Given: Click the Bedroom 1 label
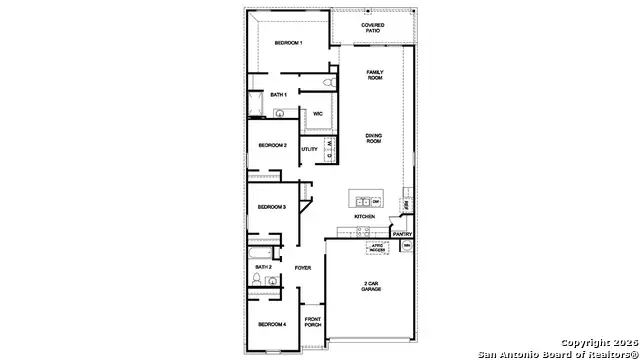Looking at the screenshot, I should [x=288, y=44].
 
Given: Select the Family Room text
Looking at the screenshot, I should [x=375, y=75].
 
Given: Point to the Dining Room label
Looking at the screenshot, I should [x=374, y=140].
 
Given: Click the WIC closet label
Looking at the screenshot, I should [x=317, y=114].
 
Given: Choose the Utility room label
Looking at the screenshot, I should [x=309, y=150].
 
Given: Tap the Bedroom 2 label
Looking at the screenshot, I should [x=272, y=146].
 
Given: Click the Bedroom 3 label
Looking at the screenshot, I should [x=272, y=207].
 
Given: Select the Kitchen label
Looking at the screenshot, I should [x=364, y=217].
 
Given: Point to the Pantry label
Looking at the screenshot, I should [x=402, y=234].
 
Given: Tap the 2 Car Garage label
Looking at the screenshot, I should [x=371, y=287].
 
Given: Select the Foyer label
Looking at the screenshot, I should [x=303, y=269].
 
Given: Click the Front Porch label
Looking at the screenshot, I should [x=312, y=323].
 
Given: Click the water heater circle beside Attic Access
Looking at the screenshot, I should [x=406, y=245].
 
